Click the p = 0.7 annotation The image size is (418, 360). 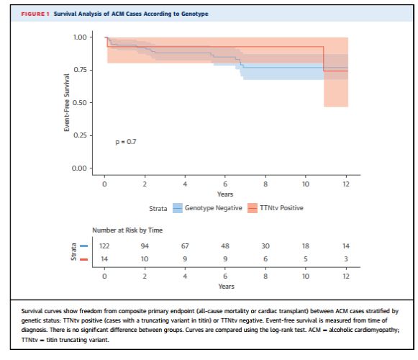pos(126,142)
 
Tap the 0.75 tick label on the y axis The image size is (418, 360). pos(80,70)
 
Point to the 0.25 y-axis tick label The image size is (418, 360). pos(80,135)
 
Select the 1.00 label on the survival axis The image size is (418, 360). pos(80,37)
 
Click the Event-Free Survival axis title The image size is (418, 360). pos(66,103)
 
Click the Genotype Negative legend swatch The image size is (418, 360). pos(178,208)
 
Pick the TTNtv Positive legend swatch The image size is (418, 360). pos(253,208)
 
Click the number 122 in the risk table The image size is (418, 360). pos(104,246)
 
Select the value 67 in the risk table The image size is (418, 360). pos(185,246)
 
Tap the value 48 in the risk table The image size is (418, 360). pos(225,246)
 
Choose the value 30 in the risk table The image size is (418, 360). pos(265,246)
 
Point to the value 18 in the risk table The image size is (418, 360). pos(306,246)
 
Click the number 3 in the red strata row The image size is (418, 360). pos(346,259)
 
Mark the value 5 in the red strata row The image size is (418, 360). pos(306,259)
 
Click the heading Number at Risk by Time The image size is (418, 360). pos(127,230)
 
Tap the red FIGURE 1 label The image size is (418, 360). pos(35,14)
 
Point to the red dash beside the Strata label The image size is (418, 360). pos(83,259)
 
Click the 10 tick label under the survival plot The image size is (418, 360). pos(306,184)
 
